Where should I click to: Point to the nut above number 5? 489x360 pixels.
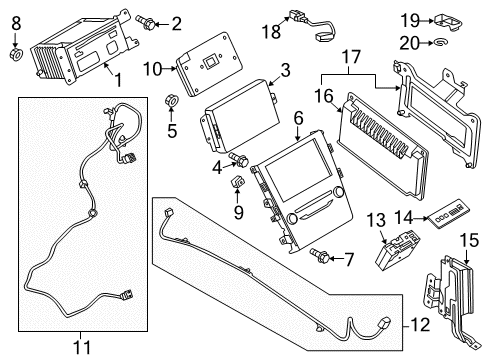pyautogui.click(x=171, y=101)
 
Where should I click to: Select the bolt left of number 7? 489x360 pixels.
pyautogui.click(x=320, y=256)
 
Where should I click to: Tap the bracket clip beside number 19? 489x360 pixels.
pyautogui.click(x=447, y=20)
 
